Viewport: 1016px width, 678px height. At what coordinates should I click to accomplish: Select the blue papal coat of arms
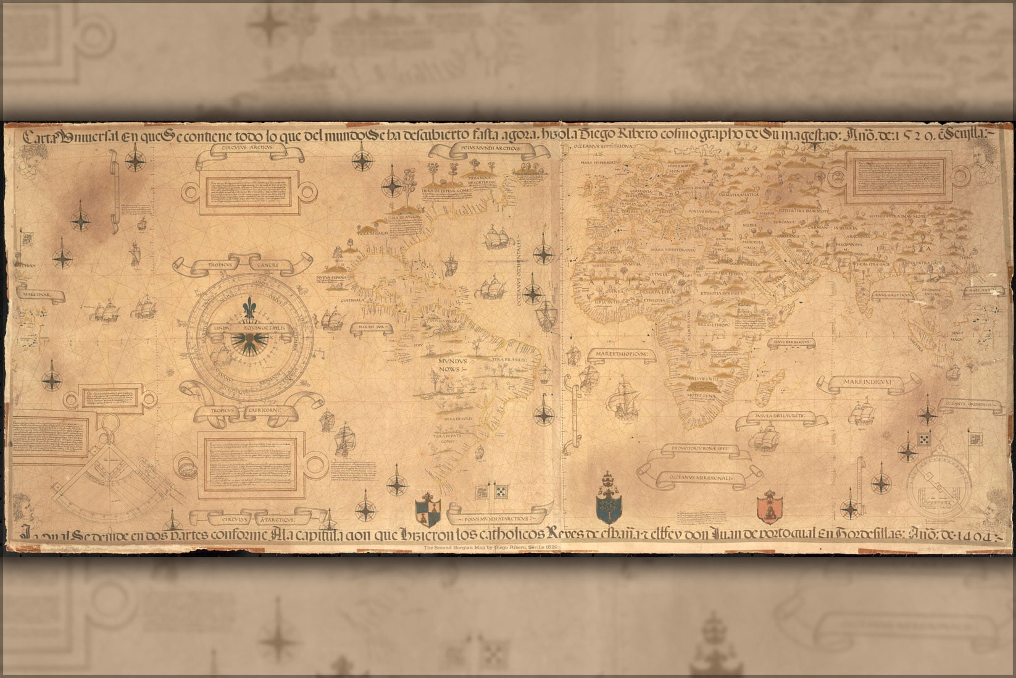[607, 501]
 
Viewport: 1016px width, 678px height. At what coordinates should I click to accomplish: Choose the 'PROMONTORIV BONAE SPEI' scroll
[697, 449]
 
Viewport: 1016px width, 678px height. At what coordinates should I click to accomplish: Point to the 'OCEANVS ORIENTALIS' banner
[968, 404]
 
